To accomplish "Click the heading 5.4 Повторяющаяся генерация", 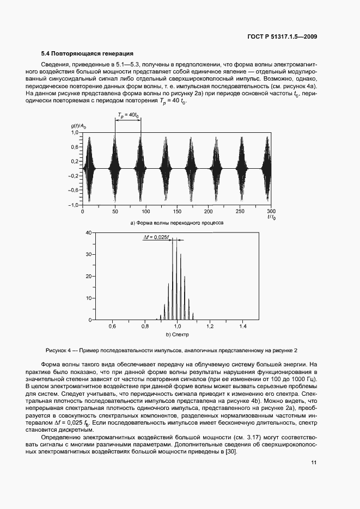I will pyautogui.click(x=87, y=53).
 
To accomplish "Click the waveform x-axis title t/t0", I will pyautogui.click(x=271, y=217).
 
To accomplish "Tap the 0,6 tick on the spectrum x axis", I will pyautogui.click(x=112, y=326).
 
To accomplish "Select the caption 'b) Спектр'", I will pyautogui.click(x=177, y=334).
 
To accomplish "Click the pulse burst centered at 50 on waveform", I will pyautogui.click(x=114, y=168).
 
